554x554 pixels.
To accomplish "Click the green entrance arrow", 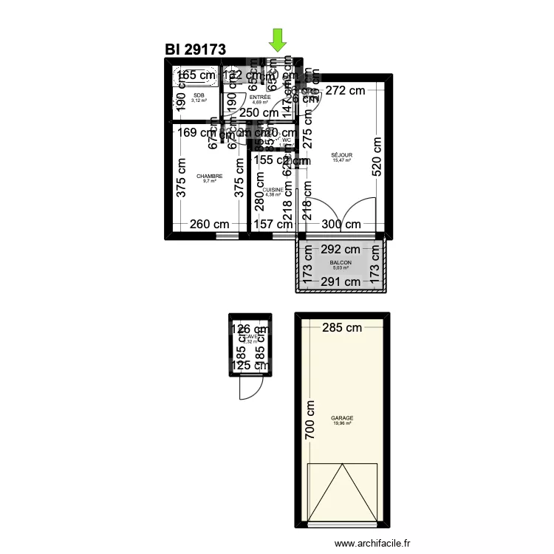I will coord(278,41).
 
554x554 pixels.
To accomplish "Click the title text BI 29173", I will coord(195,49).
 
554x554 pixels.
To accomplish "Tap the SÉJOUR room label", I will coord(341,155).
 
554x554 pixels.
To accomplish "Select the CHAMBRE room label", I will coord(209,177).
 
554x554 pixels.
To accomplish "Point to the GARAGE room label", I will coord(341,417).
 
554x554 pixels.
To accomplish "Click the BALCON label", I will coord(341,263).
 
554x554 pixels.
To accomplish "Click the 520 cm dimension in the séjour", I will coord(376,155).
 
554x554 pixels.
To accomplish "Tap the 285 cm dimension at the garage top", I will coord(341,327).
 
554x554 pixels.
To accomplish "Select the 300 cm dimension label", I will coord(341,225).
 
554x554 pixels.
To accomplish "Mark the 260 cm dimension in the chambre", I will coord(209,225).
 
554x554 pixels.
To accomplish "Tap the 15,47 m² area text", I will coord(341,160).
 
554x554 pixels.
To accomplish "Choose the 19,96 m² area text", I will coord(341,423).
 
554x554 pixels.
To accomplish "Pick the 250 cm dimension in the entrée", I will coord(260,112).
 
